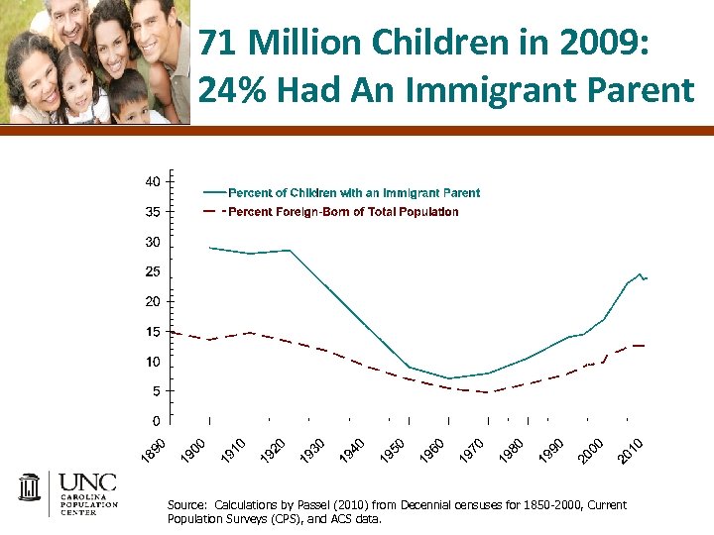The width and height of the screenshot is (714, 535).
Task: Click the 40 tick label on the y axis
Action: coord(153,182)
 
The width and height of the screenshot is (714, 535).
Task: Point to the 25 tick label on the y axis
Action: coord(153,271)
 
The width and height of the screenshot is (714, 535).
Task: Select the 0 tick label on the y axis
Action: coord(157,421)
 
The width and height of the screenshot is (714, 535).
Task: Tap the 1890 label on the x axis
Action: coord(152,447)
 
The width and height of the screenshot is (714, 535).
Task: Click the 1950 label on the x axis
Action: coord(394,447)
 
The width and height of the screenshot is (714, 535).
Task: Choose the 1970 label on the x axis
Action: coord(473,447)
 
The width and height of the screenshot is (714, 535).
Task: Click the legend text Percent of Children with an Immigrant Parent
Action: coord(354,193)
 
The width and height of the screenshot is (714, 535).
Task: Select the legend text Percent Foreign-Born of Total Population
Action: coord(343,212)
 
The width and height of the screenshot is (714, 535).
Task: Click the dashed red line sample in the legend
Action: coord(212,212)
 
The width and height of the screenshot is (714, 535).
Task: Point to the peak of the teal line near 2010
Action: coord(640,273)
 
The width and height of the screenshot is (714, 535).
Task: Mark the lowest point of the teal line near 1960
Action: coord(449,378)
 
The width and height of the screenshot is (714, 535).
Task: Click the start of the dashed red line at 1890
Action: coord(173,332)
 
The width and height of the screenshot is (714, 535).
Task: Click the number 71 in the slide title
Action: coord(219,45)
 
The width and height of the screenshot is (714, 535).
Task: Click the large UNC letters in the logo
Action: coord(87,482)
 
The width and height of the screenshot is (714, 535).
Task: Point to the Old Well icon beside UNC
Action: coord(30,489)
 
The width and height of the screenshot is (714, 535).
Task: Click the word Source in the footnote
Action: coord(187,505)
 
